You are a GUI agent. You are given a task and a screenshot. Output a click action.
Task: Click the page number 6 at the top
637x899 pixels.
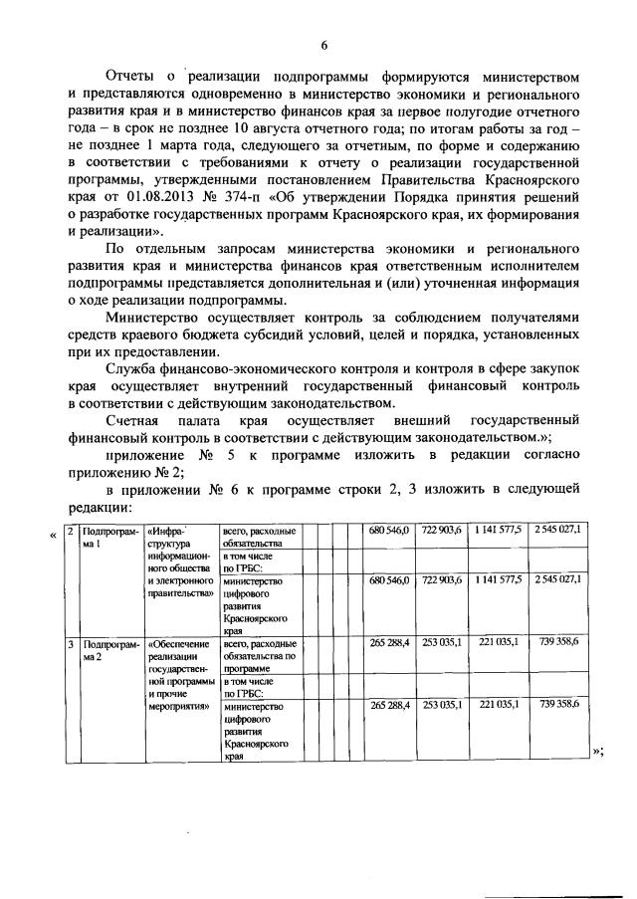(x=323, y=44)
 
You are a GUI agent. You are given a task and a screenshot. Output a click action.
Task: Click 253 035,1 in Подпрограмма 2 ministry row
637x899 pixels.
(x=441, y=705)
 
